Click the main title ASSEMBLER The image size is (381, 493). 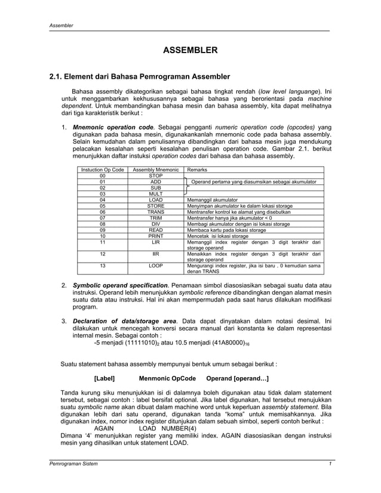(190, 51)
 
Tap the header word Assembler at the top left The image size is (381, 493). (61, 26)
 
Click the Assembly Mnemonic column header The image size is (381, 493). (155, 170)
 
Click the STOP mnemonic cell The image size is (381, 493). (155, 176)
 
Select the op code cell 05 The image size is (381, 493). (103, 206)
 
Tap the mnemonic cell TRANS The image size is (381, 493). (155, 212)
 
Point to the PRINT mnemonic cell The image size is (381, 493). (155, 236)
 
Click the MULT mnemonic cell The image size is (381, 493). (155, 194)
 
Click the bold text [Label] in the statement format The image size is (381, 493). (105, 379)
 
